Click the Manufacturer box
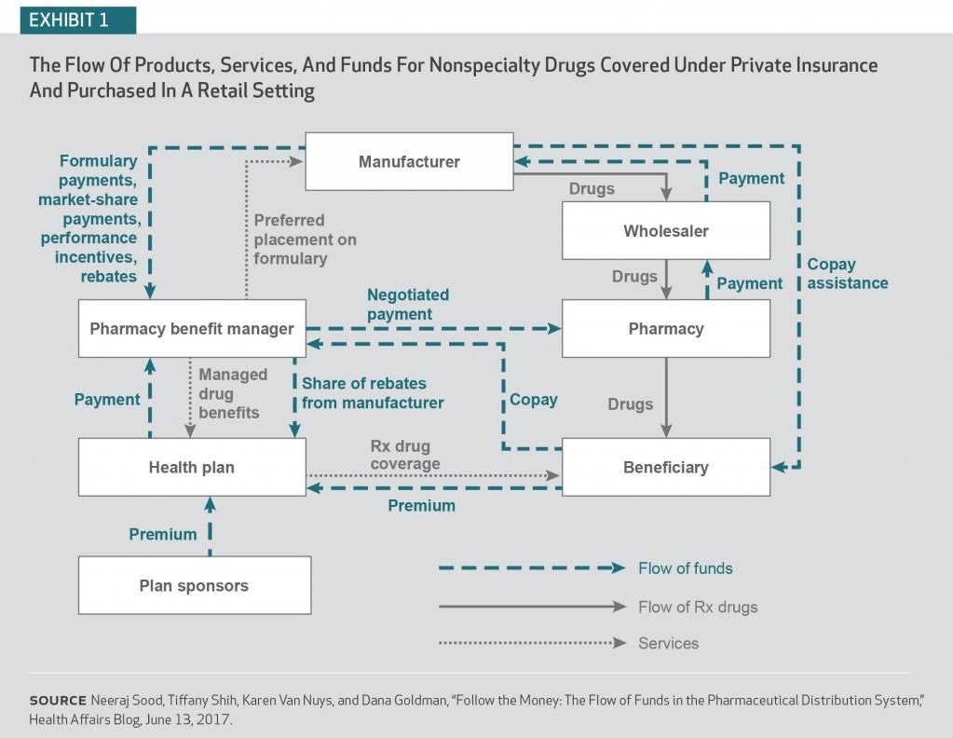[x=409, y=161]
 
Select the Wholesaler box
[x=666, y=230]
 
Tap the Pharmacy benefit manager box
[x=192, y=328]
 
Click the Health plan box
[x=192, y=467]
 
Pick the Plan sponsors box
[x=194, y=585]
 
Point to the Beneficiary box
[x=666, y=467]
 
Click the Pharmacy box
[x=666, y=328]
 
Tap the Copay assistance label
[x=847, y=273]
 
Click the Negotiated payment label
[x=407, y=304]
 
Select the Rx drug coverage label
[x=404, y=455]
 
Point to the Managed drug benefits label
[x=232, y=392]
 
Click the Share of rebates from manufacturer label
[x=372, y=392]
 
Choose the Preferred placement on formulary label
[x=305, y=239]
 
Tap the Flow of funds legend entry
[x=685, y=567]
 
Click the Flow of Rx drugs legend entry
[x=698, y=607]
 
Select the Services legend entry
[x=668, y=643]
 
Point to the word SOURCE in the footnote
[x=58, y=700]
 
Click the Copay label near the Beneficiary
[x=533, y=400]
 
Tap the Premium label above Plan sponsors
[x=163, y=534]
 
